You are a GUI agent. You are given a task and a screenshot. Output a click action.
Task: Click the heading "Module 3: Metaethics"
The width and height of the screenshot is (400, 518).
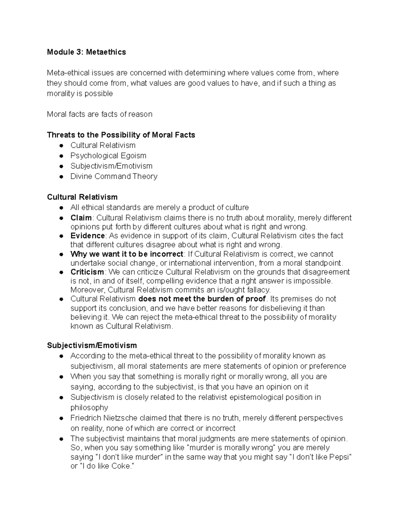point(86,52)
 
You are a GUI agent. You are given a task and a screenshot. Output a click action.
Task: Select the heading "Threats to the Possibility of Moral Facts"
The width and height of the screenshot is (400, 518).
point(121,135)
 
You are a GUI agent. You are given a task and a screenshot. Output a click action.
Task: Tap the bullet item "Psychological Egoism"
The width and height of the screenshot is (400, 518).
point(108,156)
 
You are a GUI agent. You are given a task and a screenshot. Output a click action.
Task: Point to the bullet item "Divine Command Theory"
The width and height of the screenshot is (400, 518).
point(114,176)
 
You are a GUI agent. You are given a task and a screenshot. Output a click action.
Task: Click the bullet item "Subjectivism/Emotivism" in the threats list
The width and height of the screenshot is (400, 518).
point(111,166)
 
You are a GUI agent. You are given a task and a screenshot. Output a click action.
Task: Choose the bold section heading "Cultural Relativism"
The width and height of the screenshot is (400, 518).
point(82,197)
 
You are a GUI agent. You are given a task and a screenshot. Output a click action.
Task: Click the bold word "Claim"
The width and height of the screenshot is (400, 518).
point(81,218)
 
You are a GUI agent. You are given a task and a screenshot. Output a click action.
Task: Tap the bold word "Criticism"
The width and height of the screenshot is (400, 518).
point(87,272)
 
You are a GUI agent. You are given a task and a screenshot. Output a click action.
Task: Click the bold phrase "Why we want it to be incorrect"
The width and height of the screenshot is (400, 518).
point(127,254)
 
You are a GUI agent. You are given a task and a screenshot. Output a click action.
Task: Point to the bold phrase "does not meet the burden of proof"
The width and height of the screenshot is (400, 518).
point(202,299)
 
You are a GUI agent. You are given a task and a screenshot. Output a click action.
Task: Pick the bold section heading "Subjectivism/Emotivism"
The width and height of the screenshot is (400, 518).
point(92,345)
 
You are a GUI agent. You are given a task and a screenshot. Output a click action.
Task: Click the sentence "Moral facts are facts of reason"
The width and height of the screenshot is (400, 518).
point(99,114)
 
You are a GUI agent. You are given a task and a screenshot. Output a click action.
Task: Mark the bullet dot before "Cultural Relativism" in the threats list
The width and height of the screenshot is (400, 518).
point(61,146)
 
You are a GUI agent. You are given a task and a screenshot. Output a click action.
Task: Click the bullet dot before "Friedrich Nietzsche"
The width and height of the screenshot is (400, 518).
point(61,419)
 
